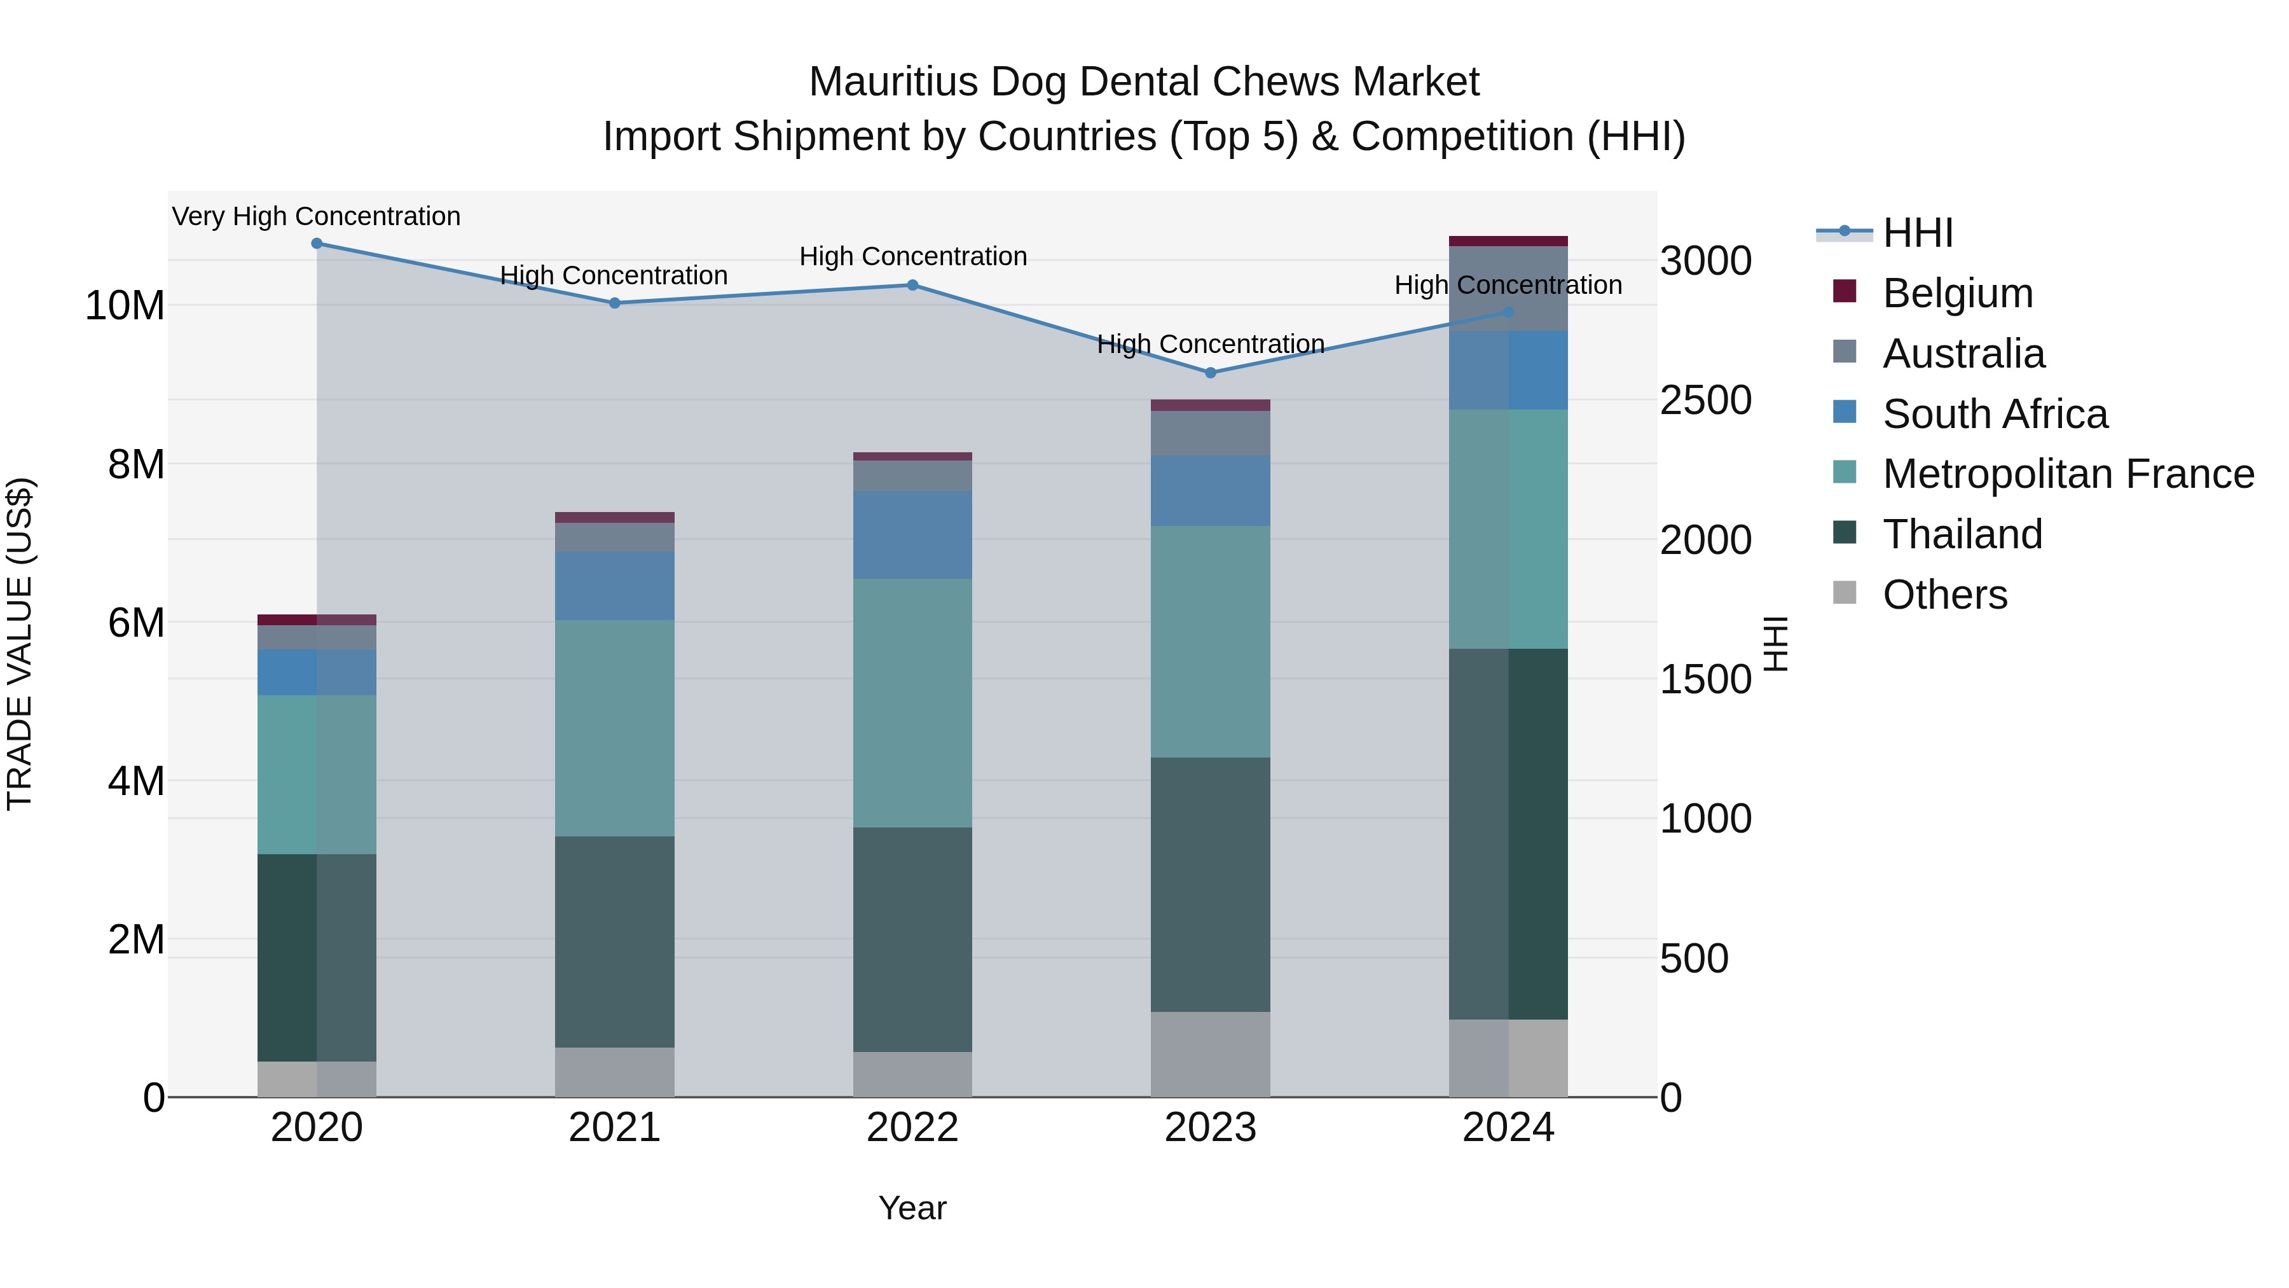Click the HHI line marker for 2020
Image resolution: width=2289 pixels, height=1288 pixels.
tap(317, 244)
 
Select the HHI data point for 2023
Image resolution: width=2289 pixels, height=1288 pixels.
tap(1210, 373)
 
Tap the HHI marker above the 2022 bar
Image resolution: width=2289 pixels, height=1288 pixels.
tap(912, 286)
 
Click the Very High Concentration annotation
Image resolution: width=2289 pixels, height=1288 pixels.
tap(317, 217)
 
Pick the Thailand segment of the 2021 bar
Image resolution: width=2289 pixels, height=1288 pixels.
tap(614, 941)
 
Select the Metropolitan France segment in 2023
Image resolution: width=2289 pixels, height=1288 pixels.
tap(1210, 641)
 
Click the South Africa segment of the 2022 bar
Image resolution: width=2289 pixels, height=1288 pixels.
tap(912, 534)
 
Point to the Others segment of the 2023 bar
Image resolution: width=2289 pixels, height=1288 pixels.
tap(1210, 1053)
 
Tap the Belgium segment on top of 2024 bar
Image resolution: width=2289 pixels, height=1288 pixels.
tap(1508, 241)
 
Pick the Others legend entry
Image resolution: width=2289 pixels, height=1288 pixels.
tap(1944, 595)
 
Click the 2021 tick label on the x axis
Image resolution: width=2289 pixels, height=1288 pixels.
tap(614, 1128)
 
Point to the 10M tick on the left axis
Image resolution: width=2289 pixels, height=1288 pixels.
tap(125, 306)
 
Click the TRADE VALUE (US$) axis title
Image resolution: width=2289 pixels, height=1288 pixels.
tap(20, 644)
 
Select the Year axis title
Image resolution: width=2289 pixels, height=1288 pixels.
tap(912, 1208)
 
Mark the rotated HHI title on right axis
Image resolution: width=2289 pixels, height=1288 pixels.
tap(1775, 644)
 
